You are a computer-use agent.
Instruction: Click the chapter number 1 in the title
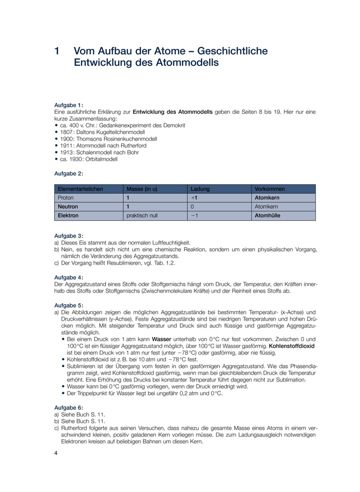click(57, 51)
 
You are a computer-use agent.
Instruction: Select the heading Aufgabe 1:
click(68, 105)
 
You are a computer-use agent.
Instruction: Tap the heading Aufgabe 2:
click(68, 174)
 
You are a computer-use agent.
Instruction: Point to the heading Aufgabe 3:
click(68, 235)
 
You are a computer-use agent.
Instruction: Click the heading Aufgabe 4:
click(68, 277)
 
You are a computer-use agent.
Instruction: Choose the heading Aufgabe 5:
click(68, 305)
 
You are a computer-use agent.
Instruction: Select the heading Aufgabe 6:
click(68, 408)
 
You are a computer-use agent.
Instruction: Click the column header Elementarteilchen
click(80, 189)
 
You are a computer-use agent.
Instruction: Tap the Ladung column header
click(200, 189)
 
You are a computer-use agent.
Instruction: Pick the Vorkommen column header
click(269, 189)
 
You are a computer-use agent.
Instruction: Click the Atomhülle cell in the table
click(267, 216)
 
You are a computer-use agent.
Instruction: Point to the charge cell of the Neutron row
click(192, 207)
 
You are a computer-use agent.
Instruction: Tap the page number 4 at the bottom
click(56, 453)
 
